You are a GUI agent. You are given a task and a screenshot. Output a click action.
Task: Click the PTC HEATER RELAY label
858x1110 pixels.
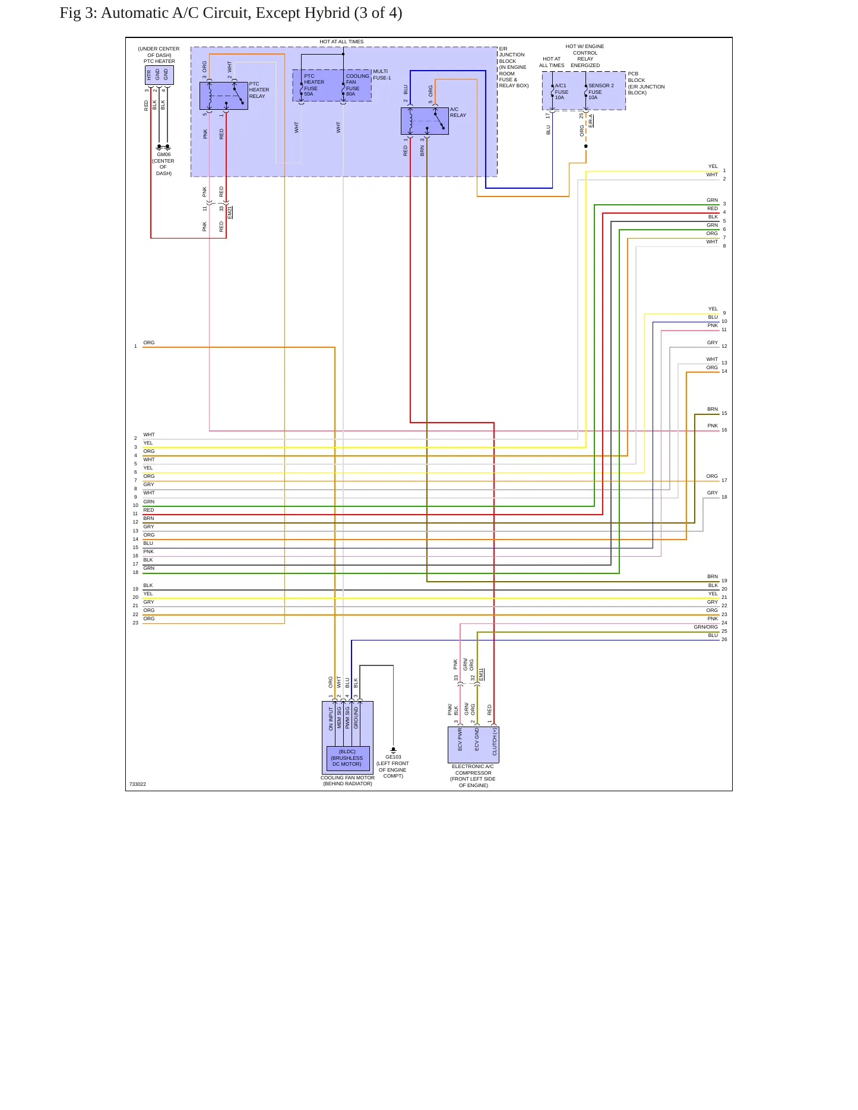coord(259,90)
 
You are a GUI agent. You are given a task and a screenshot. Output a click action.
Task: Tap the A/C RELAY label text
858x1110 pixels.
coord(458,112)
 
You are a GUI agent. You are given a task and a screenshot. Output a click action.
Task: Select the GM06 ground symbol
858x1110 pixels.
coord(163,146)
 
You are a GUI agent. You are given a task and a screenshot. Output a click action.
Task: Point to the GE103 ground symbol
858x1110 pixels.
coord(393,750)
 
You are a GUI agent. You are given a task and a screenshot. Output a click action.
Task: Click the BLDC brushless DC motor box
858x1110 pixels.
coord(347,758)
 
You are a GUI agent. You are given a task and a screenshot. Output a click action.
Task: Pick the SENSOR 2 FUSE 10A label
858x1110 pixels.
coord(601,91)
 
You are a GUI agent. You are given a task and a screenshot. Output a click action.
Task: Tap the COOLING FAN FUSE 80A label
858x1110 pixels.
coord(357,85)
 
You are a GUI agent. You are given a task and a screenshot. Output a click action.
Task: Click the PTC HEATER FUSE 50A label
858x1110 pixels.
coord(314,85)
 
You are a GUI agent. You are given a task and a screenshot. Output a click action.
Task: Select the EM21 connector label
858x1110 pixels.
coord(230,213)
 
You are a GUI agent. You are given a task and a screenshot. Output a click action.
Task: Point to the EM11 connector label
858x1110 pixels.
coord(482,674)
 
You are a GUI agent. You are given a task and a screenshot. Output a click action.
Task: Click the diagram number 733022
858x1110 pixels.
coord(138,784)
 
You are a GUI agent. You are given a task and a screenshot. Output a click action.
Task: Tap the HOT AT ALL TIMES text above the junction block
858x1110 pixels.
coord(341,42)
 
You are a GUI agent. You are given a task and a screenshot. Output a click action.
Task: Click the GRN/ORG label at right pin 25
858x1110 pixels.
coord(706,627)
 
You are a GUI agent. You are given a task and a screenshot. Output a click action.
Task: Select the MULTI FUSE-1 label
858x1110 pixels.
coord(382,75)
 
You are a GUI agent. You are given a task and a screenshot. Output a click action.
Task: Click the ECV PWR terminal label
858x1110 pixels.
coord(460,740)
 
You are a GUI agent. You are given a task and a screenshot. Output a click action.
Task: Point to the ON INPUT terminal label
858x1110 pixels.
coord(331,718)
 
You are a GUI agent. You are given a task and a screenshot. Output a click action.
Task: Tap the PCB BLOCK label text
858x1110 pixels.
coord(637,77)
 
